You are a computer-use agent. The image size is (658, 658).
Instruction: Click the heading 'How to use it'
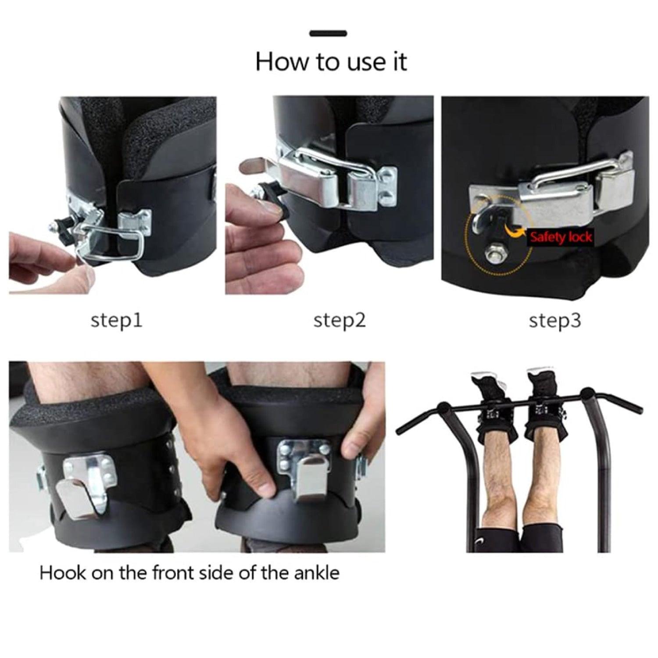pos(331,61)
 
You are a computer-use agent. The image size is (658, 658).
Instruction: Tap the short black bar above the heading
pos(328,33)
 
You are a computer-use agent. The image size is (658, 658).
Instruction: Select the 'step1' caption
pos(116,321)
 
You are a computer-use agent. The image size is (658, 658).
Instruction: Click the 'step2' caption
pos(339,321)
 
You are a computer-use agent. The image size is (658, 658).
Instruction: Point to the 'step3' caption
pos(554,321)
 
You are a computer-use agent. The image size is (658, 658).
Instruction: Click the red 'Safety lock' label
pos(561,237)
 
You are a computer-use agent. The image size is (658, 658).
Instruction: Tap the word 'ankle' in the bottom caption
pos(316,573)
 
